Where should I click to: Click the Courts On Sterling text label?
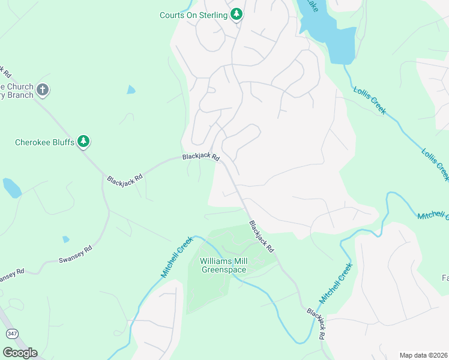click(x=193, y=14)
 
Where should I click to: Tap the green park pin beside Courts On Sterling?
click(x=237, y=13)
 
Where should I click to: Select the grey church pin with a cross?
click(x=42, y=90)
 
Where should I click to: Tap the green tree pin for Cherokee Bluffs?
click(x=85, y=142)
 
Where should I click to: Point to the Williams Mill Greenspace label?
click(x=223, y=265)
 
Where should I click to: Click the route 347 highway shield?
click(x=11, y=332)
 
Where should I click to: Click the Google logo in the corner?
click(x=20, y=353)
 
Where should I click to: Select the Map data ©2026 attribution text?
click(x=423, y=355)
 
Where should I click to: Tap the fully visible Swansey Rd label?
click(x=75, y=254)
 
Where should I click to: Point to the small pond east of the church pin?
click(x=131, y=90)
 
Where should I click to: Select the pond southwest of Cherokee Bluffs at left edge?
click(x=11, y=188)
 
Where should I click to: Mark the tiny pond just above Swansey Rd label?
click(x=65, y=239)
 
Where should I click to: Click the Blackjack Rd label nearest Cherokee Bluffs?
click(x=125, y=178)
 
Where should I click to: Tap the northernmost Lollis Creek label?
click(x=369, y=99)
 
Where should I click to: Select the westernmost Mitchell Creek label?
click(x=176, y=256)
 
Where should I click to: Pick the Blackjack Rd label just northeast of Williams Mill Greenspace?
click(x=262, y=236)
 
